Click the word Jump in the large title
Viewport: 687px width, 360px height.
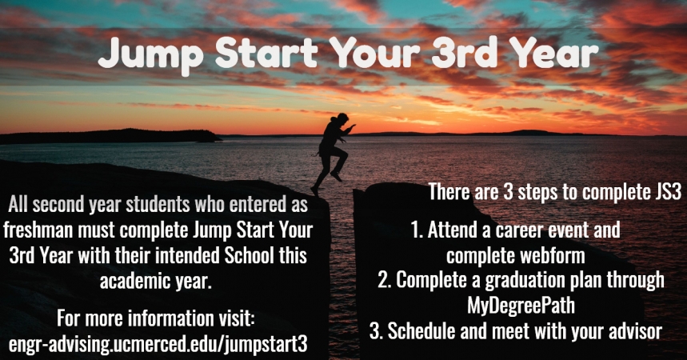150,54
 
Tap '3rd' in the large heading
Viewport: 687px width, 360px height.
464,52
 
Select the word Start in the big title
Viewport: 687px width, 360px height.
266,52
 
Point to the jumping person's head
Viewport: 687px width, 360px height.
342,119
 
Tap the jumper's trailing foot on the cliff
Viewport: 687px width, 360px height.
314,190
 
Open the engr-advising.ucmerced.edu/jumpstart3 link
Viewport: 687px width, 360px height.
158,345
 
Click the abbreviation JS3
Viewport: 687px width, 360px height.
668,192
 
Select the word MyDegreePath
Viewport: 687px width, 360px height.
521,306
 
